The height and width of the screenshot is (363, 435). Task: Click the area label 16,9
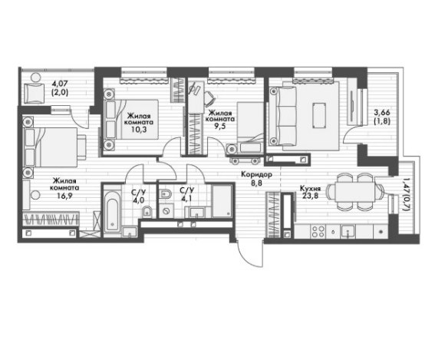coord(64,196)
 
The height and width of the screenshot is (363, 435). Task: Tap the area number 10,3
coord(139,130)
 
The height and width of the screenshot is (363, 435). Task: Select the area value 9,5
coord(219,126)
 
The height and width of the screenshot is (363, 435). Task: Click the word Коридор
coord(256,175)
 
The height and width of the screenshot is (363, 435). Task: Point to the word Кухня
coord(311,189)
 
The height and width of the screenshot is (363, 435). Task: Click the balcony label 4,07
coord(60,83)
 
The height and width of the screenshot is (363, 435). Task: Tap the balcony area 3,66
coord(382,113)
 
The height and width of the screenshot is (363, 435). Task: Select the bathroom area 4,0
coord(139,200)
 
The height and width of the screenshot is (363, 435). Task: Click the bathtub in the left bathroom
coord(112,212)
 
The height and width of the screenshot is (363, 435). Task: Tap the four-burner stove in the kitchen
coord(318,231)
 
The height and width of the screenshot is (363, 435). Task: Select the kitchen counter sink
coord(348,231)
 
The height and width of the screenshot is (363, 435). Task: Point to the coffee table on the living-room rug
coord(319,115)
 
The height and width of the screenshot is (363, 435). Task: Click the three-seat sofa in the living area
coord(282,115)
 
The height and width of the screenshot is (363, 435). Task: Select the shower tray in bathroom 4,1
coord(222,201)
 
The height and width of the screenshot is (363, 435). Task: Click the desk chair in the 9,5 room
coord(210,99)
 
